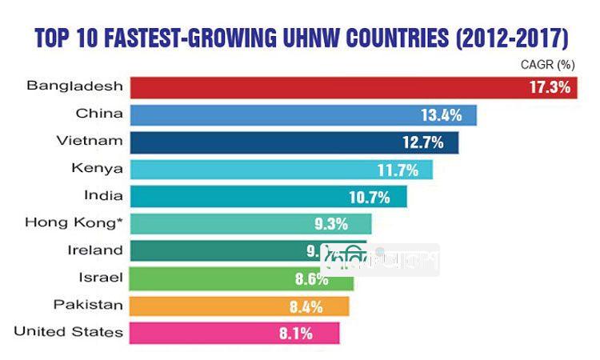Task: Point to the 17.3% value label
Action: (x=550, y=87)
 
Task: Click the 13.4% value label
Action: (x=442, y=115)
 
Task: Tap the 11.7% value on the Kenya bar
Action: (x=398, y=170)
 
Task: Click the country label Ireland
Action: (x=95, y=250)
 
